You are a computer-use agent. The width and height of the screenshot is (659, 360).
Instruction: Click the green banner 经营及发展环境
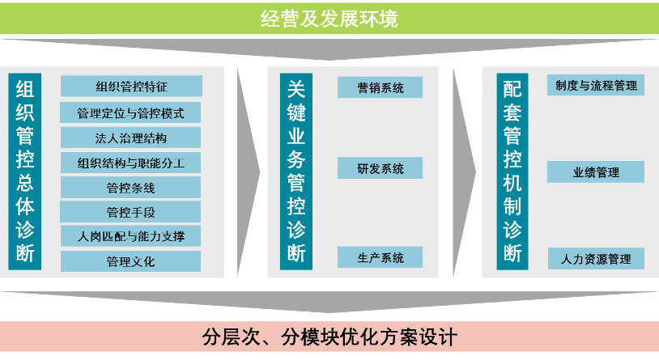(x=329, y=18)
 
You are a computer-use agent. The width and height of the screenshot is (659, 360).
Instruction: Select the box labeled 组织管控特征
(x=131, y=87)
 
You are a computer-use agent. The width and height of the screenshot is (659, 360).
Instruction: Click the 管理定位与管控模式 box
(x=131, y=112)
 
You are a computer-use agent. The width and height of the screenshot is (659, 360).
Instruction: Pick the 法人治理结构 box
(x=131, y=138)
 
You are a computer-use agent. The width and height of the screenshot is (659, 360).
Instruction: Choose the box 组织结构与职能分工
(x=131, y=163)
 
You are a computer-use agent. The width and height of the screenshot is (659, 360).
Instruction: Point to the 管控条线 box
(x=131, y=188)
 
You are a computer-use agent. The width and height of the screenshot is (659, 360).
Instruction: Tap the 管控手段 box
(x=131, y=212)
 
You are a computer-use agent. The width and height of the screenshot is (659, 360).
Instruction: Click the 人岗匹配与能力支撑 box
(x=131, y=236)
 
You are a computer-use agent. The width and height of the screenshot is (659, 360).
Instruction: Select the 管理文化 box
(x=131, y=261)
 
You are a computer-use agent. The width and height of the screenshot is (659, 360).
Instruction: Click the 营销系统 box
(x=381, y=87)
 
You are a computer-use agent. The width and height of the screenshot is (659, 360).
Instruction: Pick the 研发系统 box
(x=381, y=168)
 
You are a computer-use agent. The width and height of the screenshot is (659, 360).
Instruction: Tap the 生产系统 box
(x=381, y=257)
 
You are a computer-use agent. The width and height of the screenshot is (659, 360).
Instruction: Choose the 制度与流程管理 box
(x=597, y=85)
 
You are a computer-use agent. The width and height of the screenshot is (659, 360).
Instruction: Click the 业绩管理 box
(x=597, y=172)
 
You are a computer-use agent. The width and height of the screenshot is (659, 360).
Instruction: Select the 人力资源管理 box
(x=597, y=259)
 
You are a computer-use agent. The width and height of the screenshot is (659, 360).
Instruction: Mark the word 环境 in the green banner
(x=379, y=18)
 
